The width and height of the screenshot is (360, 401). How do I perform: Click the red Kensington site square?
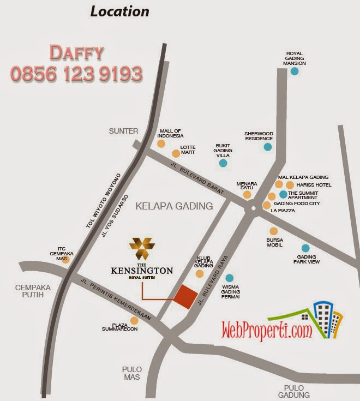click(186, 297)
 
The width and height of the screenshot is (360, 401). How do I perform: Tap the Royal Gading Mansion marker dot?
click(295, 71)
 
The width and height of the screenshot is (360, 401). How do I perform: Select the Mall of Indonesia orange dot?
click(161, 143)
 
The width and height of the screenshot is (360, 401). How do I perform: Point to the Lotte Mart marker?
click(176, 153)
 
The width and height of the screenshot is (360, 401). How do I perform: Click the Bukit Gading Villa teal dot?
click(223, 163)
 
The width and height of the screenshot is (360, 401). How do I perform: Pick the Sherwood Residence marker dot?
click(268, 146)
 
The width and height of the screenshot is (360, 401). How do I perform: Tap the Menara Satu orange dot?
click(247, 194)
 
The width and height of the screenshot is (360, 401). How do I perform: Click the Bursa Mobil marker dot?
click(274, 231)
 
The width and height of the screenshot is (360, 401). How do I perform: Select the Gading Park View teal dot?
click(305, 248)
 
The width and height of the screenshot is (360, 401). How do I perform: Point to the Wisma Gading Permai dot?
click(230, 278)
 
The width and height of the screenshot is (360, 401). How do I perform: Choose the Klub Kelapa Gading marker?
click(200, 273)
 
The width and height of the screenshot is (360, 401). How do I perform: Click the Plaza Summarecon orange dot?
click(134, 320)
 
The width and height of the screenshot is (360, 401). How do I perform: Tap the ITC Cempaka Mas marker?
click(65, 260)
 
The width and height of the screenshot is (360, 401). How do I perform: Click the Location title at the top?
click(119, 11)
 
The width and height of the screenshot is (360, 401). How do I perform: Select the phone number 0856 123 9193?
click(76, 74)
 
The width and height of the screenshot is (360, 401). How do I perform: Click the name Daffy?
click(76, 52)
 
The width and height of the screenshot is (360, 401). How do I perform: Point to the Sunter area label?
click(123, 131)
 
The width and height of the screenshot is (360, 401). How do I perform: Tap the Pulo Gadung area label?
click(293, 391)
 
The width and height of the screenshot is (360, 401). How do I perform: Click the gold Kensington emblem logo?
click(142, 249)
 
